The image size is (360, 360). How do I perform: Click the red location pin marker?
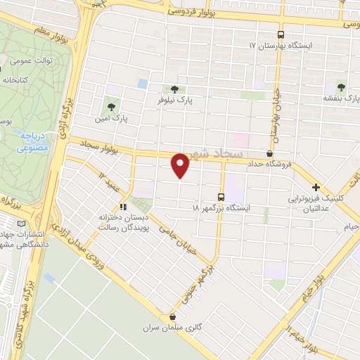click(180, 164)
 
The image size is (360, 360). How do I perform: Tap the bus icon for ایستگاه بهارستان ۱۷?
click(281, 34)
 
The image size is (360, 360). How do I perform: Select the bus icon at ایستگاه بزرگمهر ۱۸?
click(221, 197)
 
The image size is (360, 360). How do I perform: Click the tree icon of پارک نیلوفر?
click(174, 89)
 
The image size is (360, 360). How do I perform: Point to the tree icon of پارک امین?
click(110, 107)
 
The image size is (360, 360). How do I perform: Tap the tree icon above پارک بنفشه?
click(341, 87)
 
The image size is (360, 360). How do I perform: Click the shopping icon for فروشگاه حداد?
click(270, 153)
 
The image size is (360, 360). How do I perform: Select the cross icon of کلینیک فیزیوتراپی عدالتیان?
click(316, 188)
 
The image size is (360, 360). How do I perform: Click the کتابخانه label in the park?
click(13, 80)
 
